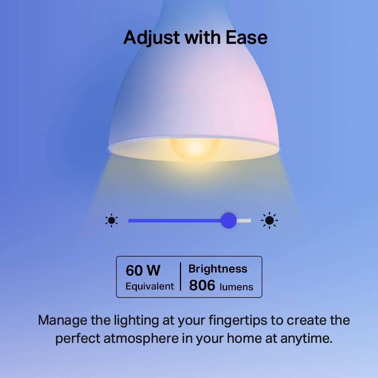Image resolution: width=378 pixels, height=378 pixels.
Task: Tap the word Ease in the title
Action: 247,37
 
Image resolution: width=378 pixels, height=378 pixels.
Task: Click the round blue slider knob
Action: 228,220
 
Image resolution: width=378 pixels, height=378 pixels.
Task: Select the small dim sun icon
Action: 112,220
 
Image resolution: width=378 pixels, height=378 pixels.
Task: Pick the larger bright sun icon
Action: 270,220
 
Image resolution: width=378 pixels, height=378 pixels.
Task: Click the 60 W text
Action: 143,271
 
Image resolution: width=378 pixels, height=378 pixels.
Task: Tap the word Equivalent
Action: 150,286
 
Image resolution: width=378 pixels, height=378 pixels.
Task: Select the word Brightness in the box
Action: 218,269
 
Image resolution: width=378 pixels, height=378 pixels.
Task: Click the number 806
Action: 202,285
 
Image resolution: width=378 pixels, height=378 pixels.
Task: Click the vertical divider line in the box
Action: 180,277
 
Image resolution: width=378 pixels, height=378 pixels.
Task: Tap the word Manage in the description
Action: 62,321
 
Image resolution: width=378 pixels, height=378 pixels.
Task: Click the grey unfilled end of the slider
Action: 245,221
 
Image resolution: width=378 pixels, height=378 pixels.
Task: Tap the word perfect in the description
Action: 77,338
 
